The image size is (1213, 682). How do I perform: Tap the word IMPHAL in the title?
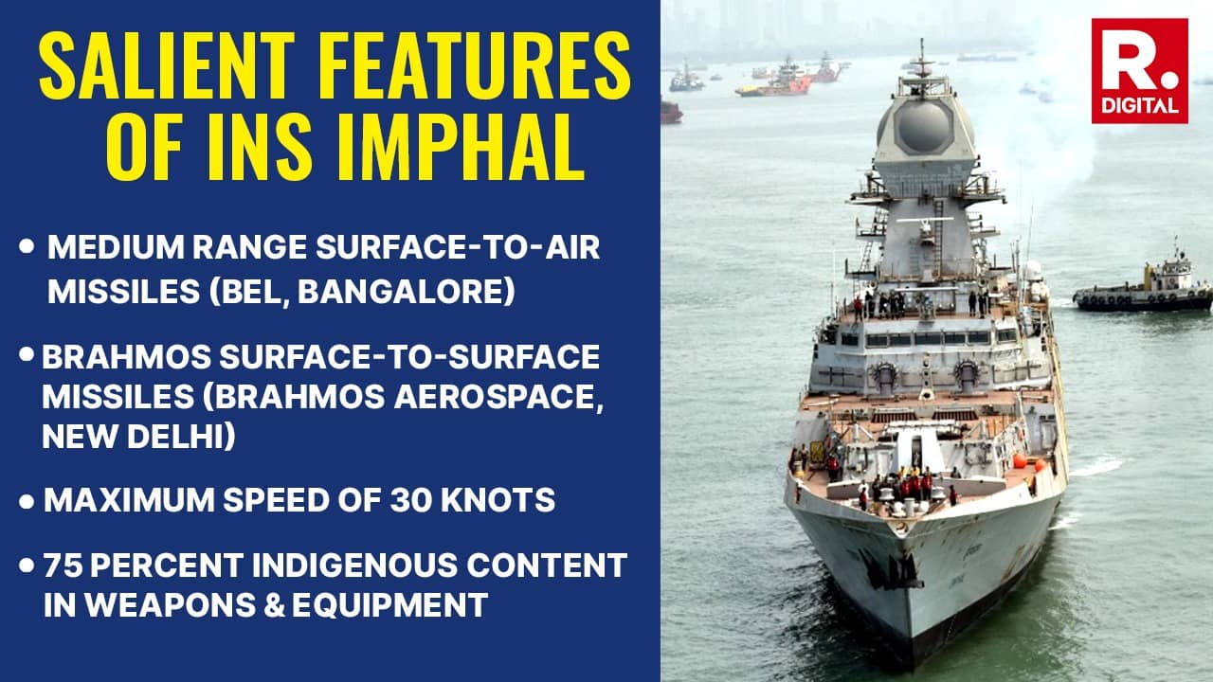click(469, 149)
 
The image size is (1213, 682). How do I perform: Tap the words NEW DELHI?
click(138, 438)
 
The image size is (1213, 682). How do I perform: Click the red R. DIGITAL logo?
click(1139, 70)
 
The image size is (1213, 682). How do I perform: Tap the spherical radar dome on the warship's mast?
click(921, 126)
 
